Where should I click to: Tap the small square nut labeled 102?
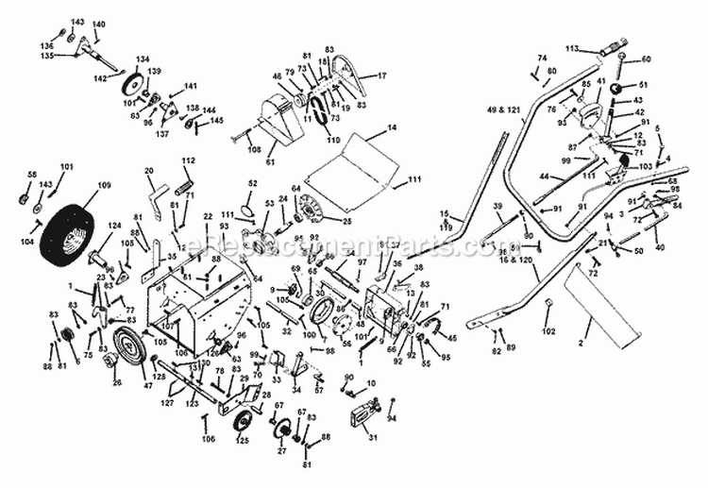(547, 304)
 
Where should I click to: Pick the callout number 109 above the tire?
(105, 185)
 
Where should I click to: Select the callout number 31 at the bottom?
(372, 436)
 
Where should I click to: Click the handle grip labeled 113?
(609, 44)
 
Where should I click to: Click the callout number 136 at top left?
(45, 45)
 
